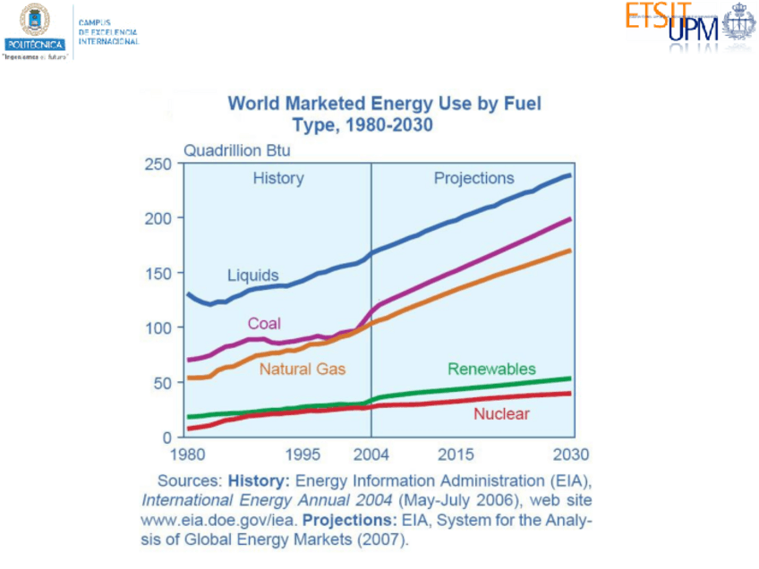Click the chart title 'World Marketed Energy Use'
click(384, 104)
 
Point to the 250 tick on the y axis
click(158, 164)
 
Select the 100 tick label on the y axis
click(158, 328)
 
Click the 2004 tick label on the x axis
click(371, 453)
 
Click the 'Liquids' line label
click(252, 276)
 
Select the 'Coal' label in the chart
click(264, 323)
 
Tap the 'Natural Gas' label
click(303, 368)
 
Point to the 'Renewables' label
click(491, 369)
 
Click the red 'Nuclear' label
click(501, 413)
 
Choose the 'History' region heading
click(278, 178)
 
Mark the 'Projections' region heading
click(474, 178)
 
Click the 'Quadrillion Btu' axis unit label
click(237, 150)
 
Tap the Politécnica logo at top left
click(35, 27)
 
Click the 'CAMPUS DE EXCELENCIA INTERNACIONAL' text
click(108, 31)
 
